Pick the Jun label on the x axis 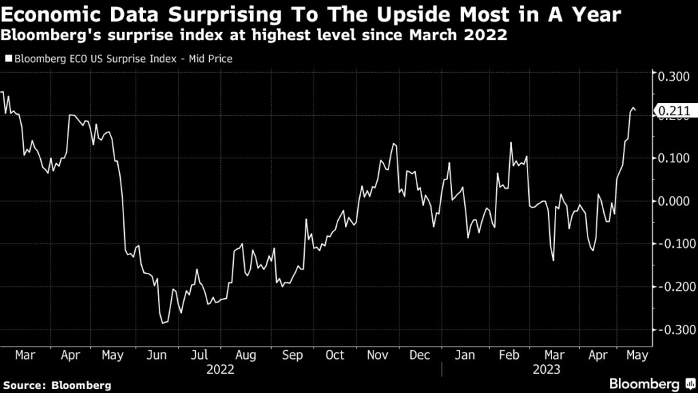[x=157, y=355]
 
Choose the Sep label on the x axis [x=292, y=355]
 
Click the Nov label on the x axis [x=378, y=355]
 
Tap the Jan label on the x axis [x=465, y=355]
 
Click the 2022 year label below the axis [x=221, y=370]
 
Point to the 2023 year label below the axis [x=547, y=370]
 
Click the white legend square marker [x=8, y=59]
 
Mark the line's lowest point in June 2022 [x=164, y=323]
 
